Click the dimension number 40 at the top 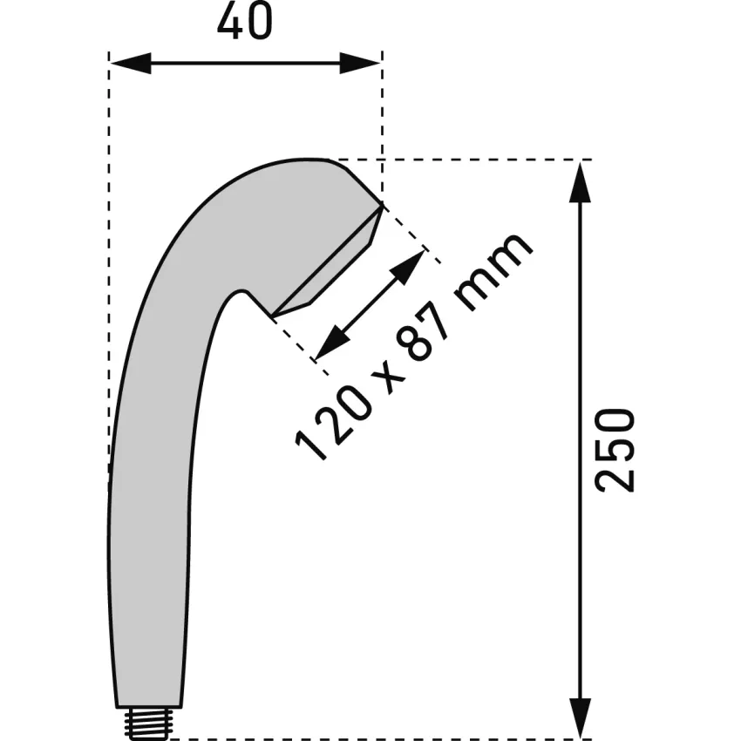click(x=245, y=21)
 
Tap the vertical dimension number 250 click(x=615, y=451)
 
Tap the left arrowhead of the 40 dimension click(x=131, y=63)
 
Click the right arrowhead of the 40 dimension click(x=360, y=63)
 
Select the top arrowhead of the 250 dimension click(x=581, y=182)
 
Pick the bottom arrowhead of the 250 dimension click(x=581, y=717)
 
